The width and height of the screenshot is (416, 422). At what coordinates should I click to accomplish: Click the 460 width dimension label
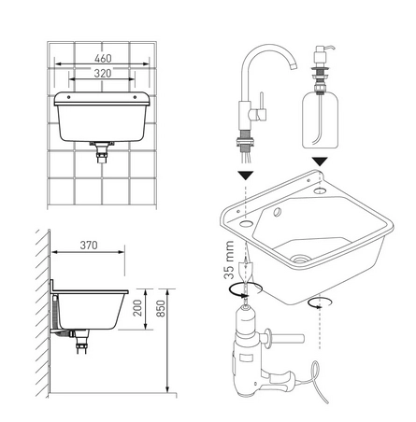(x=103, y=58)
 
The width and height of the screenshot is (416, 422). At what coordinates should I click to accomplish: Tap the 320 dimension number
(x=103, y=74)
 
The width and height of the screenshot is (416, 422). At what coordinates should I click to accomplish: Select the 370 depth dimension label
(x=89, y=246)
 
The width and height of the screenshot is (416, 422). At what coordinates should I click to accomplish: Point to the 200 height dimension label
(x=137, y=308)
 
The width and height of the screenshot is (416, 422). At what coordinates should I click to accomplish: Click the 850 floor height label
(x=161, y=308)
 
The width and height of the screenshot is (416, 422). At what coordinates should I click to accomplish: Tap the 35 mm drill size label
(x=229, y=260)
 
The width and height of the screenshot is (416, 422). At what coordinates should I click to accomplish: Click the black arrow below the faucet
(x=246, y=176)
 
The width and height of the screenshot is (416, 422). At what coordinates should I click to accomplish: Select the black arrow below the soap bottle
(x=320, y=162)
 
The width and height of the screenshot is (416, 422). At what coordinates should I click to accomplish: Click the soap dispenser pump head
(x=323, y=52)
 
